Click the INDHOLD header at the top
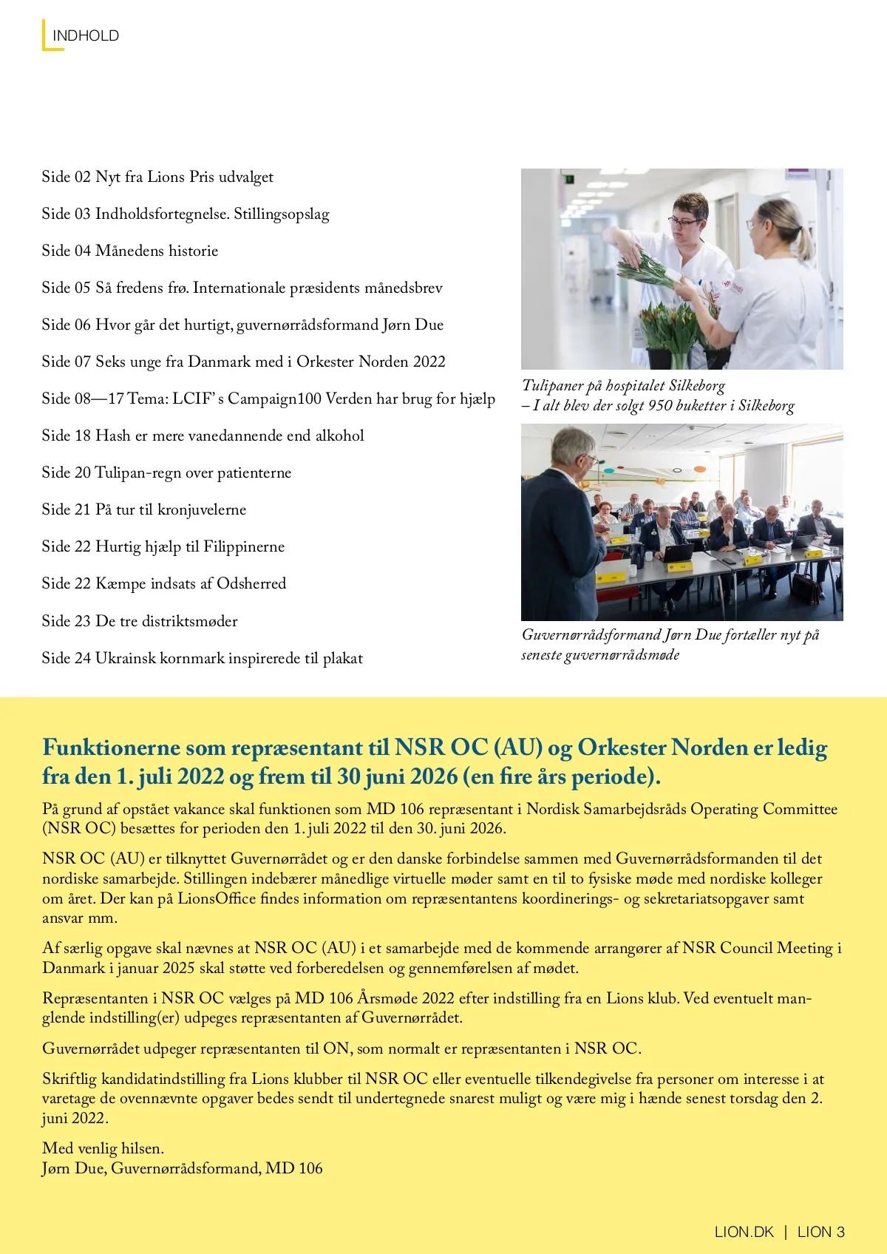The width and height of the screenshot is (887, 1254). (85, 35)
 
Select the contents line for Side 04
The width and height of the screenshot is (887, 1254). (130, 251)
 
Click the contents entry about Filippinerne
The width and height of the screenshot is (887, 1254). (163, 546)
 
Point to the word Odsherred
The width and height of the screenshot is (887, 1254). (251, 583)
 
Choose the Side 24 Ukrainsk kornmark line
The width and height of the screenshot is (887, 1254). (202, 658)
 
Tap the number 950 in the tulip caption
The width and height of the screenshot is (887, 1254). (659, 405)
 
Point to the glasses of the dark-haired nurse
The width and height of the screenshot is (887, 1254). (684, 222)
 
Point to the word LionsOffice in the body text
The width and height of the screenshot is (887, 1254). (207, 898)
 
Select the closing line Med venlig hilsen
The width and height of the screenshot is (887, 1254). (103, 1148)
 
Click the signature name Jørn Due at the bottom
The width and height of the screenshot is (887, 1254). (73, 1168)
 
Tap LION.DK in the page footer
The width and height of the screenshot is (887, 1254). (744, 1232)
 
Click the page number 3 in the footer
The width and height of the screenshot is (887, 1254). (840, 1232)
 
